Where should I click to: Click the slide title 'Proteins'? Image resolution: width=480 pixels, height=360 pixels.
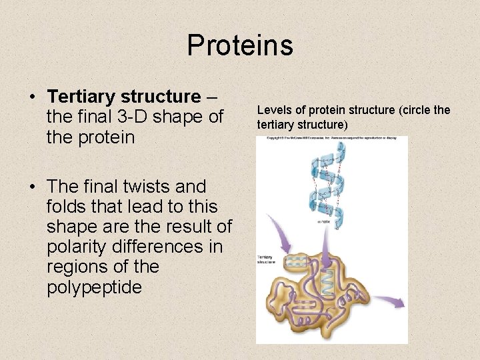240,45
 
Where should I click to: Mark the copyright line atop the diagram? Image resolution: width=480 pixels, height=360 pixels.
331,139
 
